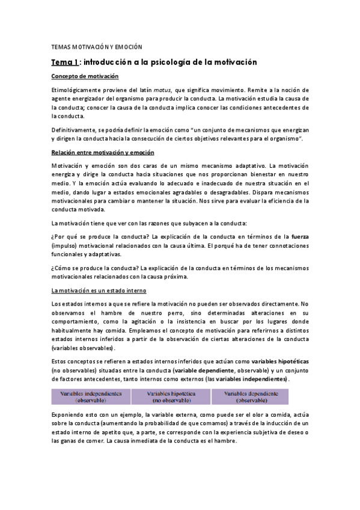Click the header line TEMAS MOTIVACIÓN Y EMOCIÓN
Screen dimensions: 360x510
pyautogui.click(x=96, y=47)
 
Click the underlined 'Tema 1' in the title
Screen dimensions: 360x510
pyautogui.click(x=64, y=62)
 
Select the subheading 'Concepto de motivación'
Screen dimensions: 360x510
pyautogui.click(x=84, y=76)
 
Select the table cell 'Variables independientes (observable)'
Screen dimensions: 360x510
pyautogui.click(x=90, y=396)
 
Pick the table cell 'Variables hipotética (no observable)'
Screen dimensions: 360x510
pyautogui.click(x=170, y=396)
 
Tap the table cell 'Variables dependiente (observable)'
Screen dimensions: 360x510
pyautogui.click(x=250, y=396)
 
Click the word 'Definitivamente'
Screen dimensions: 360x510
pyautogui.click(x=75, y=130)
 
